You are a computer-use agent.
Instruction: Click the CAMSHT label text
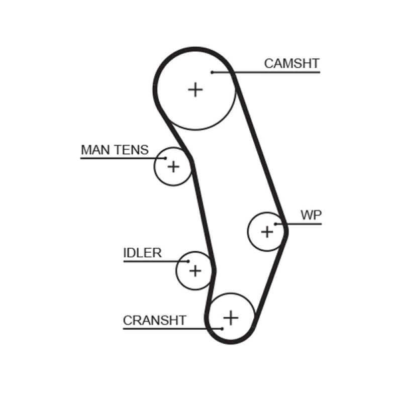(291, 63)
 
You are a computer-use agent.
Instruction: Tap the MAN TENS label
(115, 150)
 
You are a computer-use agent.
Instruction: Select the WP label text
(311, 215)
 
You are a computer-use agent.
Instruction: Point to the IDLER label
(142, 253)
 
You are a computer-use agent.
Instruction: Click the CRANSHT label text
(155, 320)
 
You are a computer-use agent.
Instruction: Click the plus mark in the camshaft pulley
(195, 89)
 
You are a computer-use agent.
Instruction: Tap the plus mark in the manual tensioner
(173, 166)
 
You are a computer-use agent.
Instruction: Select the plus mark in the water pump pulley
(267, 232)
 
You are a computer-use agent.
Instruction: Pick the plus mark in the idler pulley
(195, 271)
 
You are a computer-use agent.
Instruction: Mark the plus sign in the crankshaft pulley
(231, 318)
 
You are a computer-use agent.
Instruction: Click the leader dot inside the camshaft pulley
(213, 72)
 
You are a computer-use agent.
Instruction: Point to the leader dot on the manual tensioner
(164, 158)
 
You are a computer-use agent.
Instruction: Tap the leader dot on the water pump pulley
(276, 224)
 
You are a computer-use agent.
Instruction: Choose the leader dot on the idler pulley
(188, 261)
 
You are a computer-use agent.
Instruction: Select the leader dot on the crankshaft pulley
(222, 329)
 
